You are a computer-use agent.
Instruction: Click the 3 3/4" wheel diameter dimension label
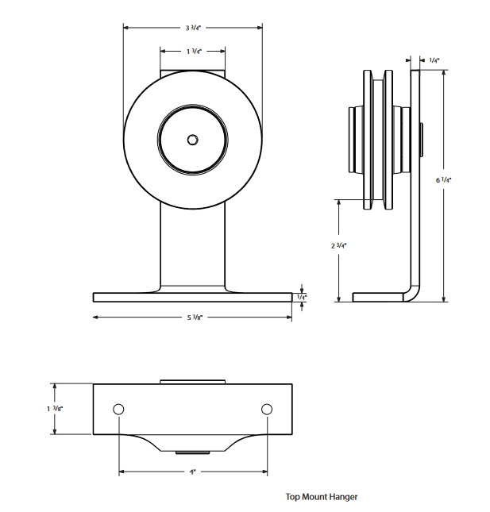click(192, 28)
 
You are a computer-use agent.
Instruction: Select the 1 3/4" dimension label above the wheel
click(193, 51)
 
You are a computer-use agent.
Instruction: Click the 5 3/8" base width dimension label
click(193, 318)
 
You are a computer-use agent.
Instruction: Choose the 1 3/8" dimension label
click(54, 409)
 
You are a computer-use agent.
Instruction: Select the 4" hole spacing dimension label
click(192, 472)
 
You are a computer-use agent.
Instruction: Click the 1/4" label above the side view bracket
click(434, 60)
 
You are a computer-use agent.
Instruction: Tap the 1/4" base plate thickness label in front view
click(301, 297)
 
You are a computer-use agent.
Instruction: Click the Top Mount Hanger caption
click(322, 497)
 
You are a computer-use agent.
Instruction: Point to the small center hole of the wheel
click(192, 140)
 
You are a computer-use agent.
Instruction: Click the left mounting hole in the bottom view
click(118, 409)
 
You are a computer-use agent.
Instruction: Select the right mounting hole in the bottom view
click(267, 409)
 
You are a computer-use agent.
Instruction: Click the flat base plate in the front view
click(192, 297)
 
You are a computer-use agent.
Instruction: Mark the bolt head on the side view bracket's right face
click(422, 140)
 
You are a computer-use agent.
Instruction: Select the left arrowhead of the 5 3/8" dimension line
click(96, 318)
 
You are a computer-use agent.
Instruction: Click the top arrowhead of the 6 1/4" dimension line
click(443, 73)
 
